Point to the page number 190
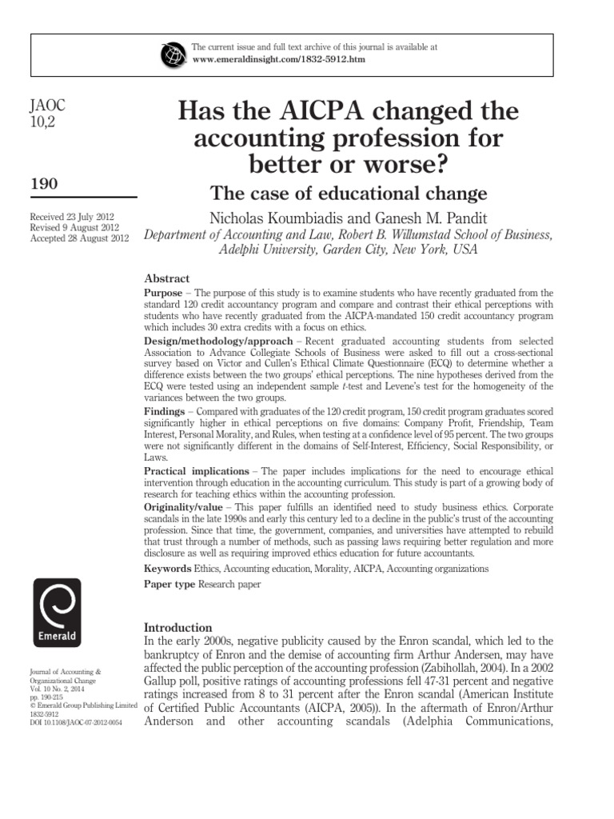43,184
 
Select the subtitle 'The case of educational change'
348,193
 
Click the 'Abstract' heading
166,278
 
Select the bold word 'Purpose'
164,294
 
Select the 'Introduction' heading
177,628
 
